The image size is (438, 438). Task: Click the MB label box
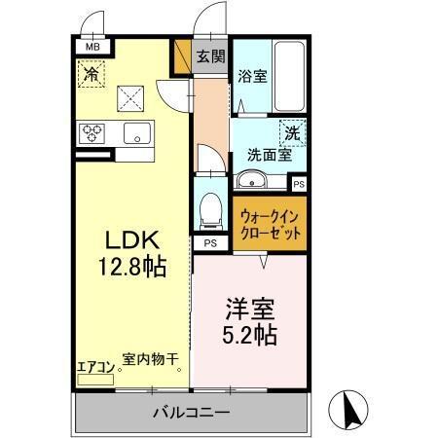click(x=92, y=46)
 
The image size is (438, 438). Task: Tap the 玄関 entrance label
click(x=211, y=56)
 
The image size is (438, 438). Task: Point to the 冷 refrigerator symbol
click(x=91, y=73)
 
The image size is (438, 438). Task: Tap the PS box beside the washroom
click(x=299, y=183)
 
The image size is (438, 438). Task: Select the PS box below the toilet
click(x=210, y=243)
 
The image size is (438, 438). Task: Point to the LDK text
click(x=127, y=238)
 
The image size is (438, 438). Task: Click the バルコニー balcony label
click(x=191, y=412)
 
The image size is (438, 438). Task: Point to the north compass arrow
click(x=348, y=408)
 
